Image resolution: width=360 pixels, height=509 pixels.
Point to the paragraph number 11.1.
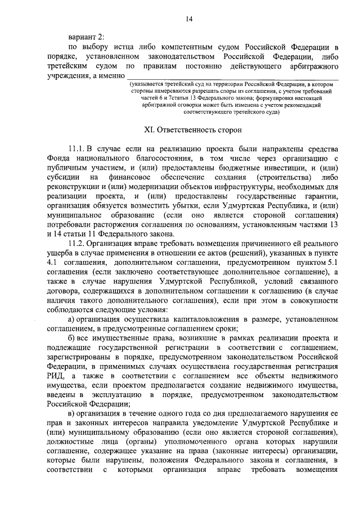pyautogui.click(x=75, y=148)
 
